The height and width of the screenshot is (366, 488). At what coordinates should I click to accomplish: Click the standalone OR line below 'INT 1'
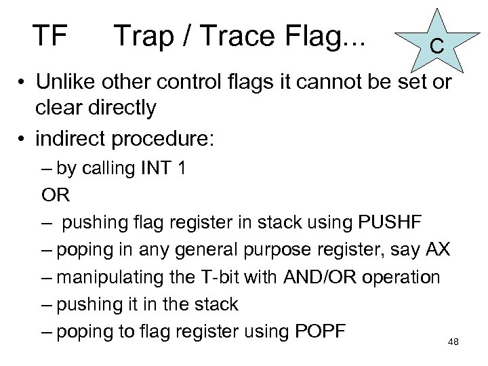pyautogui.click(x=55, y=195)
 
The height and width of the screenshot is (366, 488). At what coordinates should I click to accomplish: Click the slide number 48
pyautogui.click(x=453, y=342)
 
